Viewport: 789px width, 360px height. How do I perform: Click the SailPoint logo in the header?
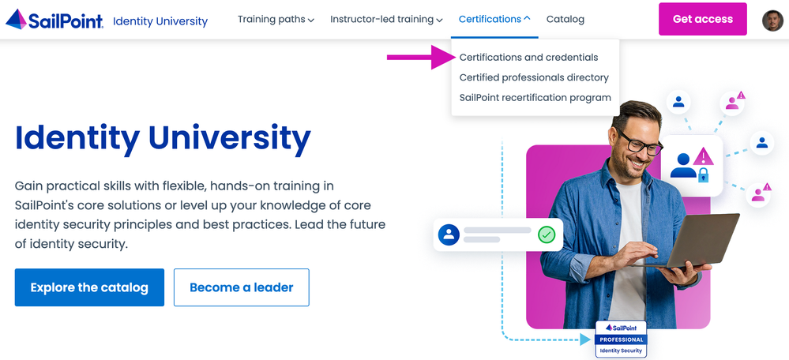[x=54, y=20]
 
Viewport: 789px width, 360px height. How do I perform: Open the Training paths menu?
[x=276, y=20]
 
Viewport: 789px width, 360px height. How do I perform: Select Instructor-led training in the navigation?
[x=386, y=20]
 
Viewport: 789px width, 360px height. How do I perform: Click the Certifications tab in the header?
[x=494, y=20]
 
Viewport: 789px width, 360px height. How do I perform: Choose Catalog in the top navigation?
[x=565, y=20]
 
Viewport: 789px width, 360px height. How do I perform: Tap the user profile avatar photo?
[x=772, y=20]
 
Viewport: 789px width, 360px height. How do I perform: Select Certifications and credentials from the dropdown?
[x=529, y=58]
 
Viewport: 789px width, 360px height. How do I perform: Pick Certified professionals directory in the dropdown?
[x=534, y=77]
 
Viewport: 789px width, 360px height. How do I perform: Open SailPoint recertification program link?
[x=535, y=98]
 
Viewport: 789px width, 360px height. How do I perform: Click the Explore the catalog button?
[x=89, y=287]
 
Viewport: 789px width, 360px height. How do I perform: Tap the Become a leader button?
[x=242, y=287]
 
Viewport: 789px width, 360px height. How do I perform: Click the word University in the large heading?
[x=230, y=138]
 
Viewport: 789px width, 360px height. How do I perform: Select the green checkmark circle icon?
[x=546, y=234]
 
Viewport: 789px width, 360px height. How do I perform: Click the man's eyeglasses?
[x=639, y=142]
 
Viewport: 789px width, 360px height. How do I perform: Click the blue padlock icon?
[x=703, y=174]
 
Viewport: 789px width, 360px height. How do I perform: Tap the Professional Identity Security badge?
[x=621, y=339]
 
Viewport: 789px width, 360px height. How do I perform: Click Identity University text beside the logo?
[x=160, y=21]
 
